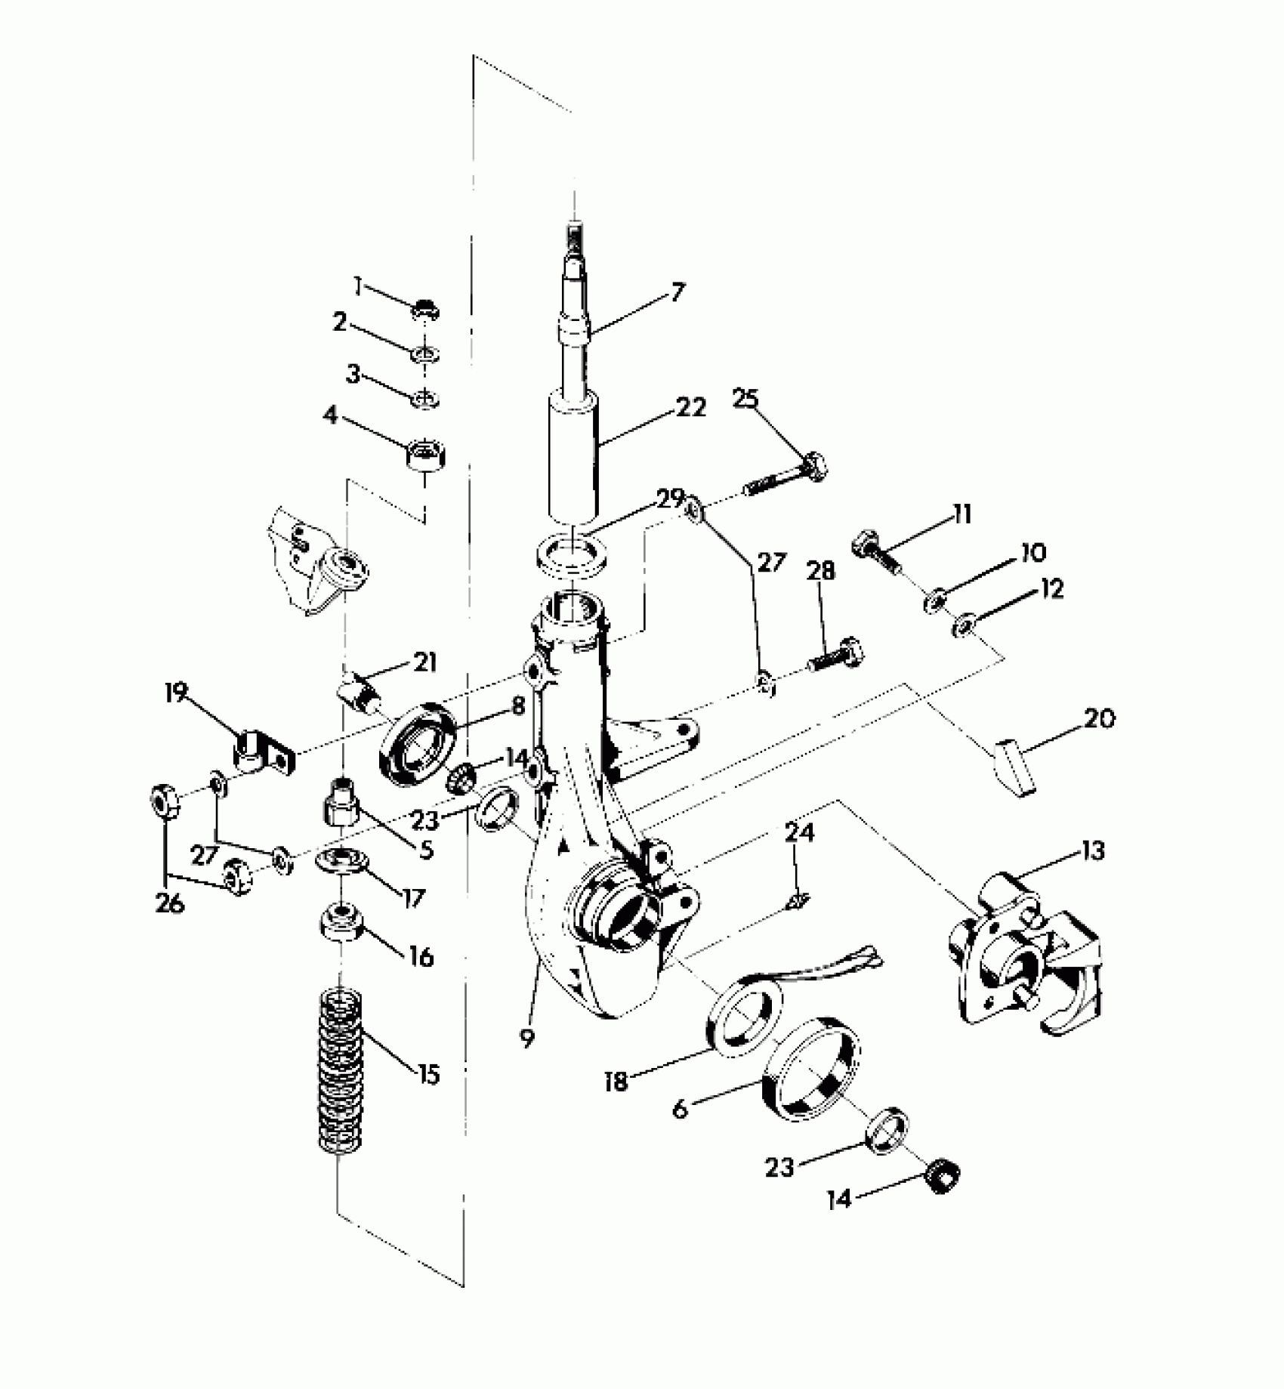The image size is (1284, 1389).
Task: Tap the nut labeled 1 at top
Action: (426, 310)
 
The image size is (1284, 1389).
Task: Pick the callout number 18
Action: (616, 1082)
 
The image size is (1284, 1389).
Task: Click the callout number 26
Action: (170, 903)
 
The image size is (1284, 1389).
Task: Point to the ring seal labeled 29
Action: (575, 553)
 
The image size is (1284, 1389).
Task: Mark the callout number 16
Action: (421, 958)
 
